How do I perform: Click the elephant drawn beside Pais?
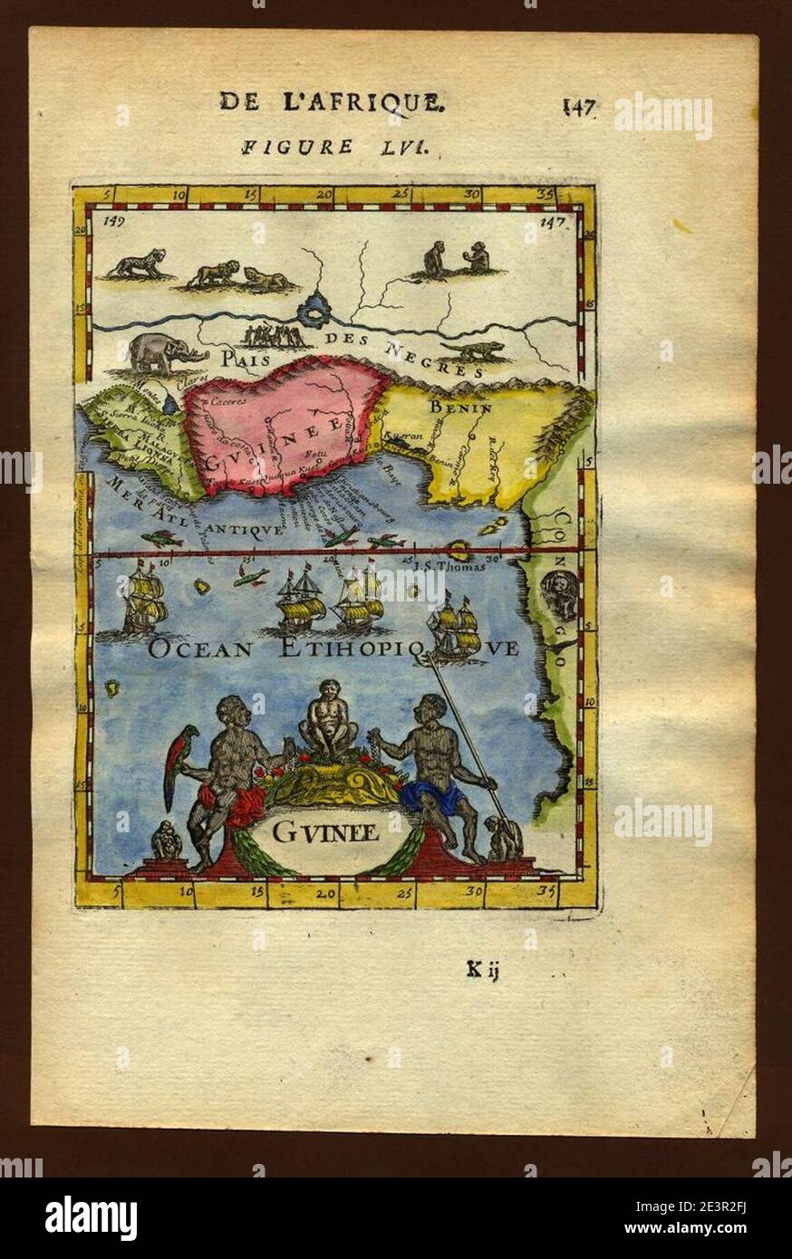(161, 353)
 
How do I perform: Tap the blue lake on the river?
(316, 312)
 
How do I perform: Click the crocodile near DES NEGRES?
(473, 351)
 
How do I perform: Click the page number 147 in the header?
(578, 107)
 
